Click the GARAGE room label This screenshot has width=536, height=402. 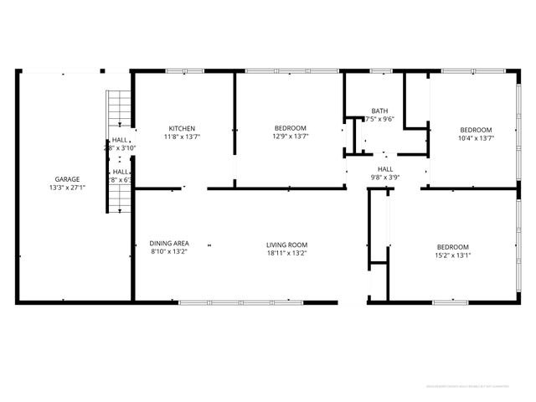(x=68, y=179)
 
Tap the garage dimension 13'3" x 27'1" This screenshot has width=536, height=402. (x=68, y=188)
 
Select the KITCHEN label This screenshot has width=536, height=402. (x=182, y=128)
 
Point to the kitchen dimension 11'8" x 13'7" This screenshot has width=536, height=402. (x=182, y=137)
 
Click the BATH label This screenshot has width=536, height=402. (x=379, y=111)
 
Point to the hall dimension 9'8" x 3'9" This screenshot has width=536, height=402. (x=385, y=177)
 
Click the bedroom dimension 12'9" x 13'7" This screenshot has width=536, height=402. (x=291, y=137)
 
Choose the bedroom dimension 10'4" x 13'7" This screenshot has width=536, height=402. (x=476, y=137)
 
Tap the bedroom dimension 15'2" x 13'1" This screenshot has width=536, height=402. (x=453, y=255)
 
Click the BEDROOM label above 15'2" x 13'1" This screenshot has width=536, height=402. (x=453, y=246)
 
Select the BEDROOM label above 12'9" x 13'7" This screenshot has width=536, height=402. (x=291, y=128)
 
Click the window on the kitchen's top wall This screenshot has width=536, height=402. (x=178, y=71)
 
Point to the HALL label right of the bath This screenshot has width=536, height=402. (x=385, y=168)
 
